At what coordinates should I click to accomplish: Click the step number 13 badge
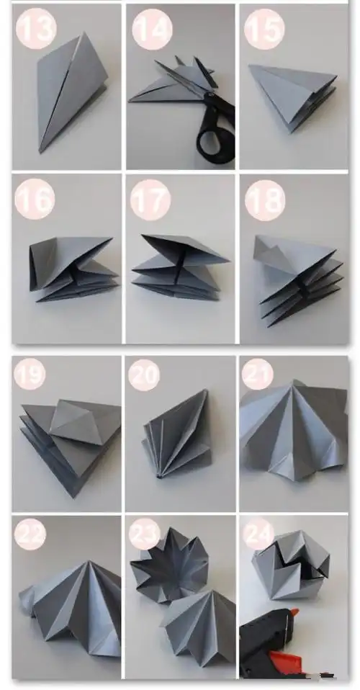(36, 28)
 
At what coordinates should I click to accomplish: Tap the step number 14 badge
(152, 29)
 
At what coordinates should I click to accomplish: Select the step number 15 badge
(264, 29)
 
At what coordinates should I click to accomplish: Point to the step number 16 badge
(35, 199)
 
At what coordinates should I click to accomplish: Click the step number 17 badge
(150, 200)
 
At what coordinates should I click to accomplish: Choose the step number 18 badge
(265, 200)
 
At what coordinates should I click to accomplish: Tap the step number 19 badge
(30, 374)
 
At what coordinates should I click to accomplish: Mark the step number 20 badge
(144, 375)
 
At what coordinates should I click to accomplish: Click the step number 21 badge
(258, 374)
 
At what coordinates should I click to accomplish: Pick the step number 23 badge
(144, 534)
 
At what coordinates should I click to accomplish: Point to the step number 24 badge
(258, 533)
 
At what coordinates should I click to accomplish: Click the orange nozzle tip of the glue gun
(294, 612)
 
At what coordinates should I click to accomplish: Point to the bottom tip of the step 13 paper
(40, 152)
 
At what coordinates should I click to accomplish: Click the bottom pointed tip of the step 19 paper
(74, 497)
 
